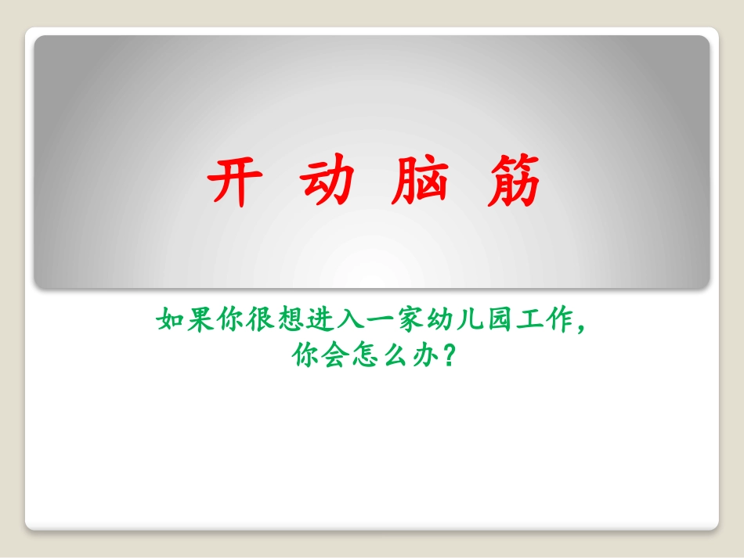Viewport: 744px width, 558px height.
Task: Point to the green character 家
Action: [x=399, y=321]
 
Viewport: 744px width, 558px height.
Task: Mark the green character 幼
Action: [x=428, y=321]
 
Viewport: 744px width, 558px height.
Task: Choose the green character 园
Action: [x=484, y=321]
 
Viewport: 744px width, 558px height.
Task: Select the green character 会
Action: [x=334, y=356]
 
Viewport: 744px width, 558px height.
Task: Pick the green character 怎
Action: [x=363, y=356]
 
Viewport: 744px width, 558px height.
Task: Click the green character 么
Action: [x=391, y=356]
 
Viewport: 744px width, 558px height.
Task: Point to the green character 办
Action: [x=419, y=356]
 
